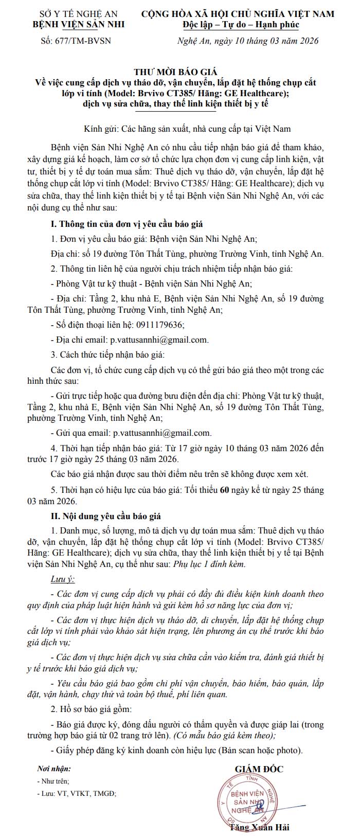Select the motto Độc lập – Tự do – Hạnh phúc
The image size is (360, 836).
coord(241,24)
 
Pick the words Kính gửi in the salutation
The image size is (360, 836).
coord(99,129)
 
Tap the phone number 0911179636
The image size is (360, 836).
coord(159,325)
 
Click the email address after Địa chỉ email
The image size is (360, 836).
coord(159,340)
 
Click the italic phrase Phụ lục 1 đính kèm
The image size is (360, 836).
coord(210,564)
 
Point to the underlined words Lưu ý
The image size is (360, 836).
coord(63,579)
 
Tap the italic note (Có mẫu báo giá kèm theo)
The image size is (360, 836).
coord(224,736)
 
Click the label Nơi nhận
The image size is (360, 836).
coord(54,769)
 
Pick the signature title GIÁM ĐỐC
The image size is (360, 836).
coord(259,769)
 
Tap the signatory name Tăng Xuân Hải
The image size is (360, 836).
coord(259,827)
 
